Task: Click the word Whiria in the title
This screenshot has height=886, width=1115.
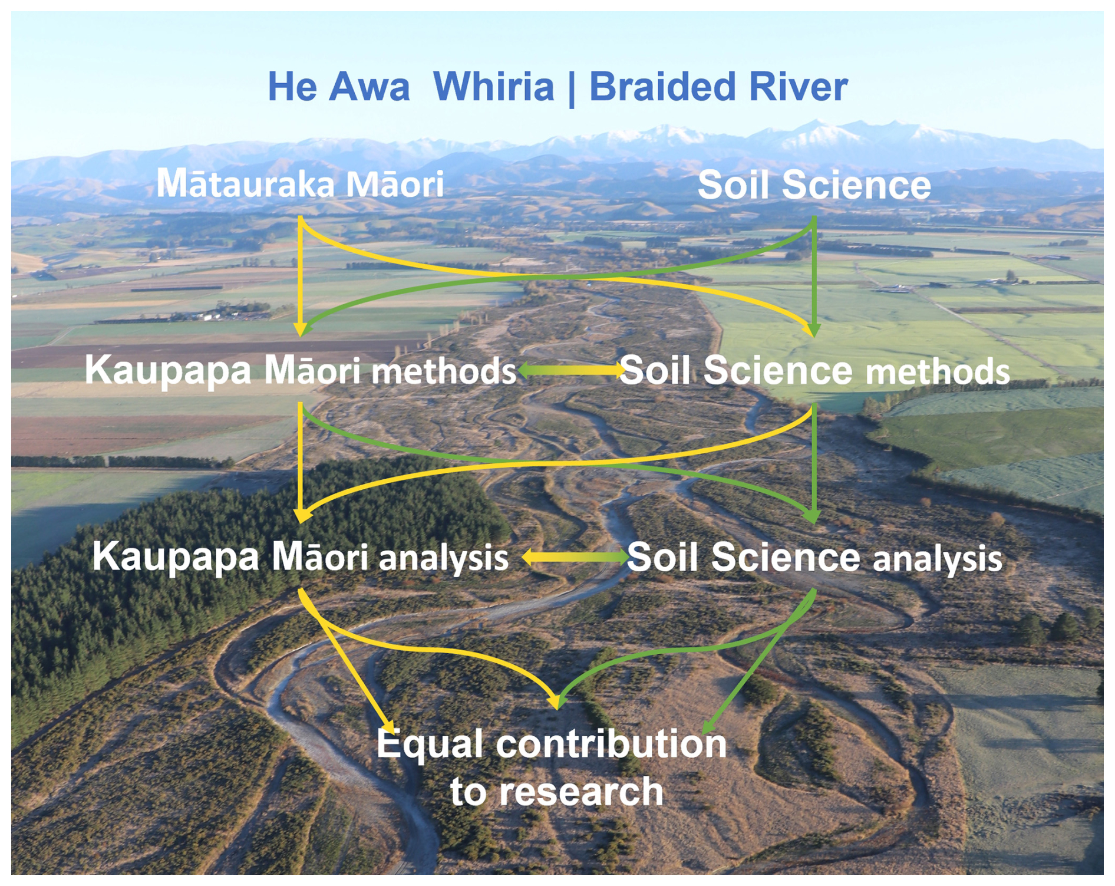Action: point(493,87)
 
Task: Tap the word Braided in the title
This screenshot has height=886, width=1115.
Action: point(662,87)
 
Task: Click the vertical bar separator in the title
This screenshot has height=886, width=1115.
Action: point(571,88)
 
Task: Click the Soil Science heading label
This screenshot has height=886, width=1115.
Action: point(814,185)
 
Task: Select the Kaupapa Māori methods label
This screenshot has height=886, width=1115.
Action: point(300,371)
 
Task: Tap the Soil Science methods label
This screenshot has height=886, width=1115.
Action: point(814,371)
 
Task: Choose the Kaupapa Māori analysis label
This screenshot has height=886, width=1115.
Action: point(300,556)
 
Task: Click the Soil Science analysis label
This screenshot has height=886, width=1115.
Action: point(814,558)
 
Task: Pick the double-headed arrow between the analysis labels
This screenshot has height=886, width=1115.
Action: point(575,556)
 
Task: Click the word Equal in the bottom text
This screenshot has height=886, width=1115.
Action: point(430,744)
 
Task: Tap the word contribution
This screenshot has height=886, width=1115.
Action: point(611,744)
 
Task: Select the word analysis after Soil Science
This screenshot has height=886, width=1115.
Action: point(937,559)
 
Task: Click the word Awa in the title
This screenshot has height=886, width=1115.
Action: point(369,87)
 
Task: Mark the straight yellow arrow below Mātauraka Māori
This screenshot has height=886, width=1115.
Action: point(301,277)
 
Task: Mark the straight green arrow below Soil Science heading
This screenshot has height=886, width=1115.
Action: point(814,277)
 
